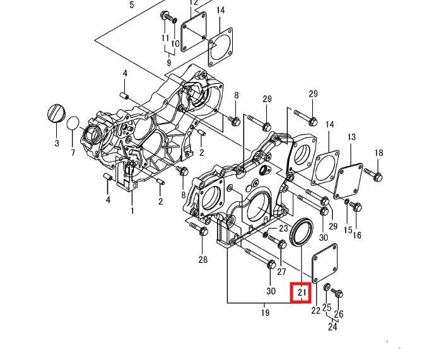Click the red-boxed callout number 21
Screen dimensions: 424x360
coord(302,292)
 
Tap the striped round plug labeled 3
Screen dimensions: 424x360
coord(56,113)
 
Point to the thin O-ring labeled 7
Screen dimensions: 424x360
coord(73,123)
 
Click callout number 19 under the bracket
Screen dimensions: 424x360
coord(265,313)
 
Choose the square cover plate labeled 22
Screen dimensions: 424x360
coord(325,263)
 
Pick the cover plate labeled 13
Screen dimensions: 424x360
coord(348,181)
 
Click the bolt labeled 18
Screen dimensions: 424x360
coord(373,175)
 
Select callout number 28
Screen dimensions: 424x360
coord(203,260)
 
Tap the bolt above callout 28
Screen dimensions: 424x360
coord(199,229)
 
